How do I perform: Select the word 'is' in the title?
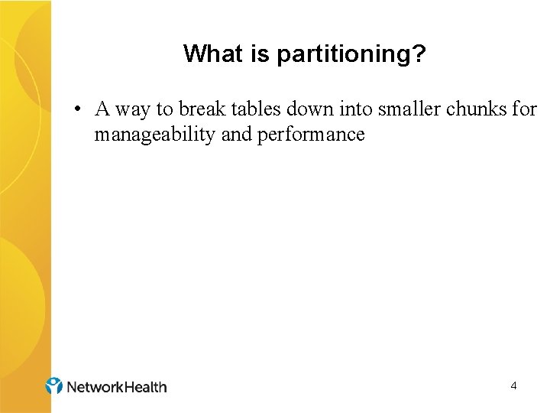pos(247,54)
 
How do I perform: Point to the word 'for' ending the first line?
pos(524,109)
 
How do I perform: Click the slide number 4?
pos(513,386)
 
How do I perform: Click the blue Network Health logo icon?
pos(53,385)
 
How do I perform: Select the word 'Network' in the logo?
pos(94,387)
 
